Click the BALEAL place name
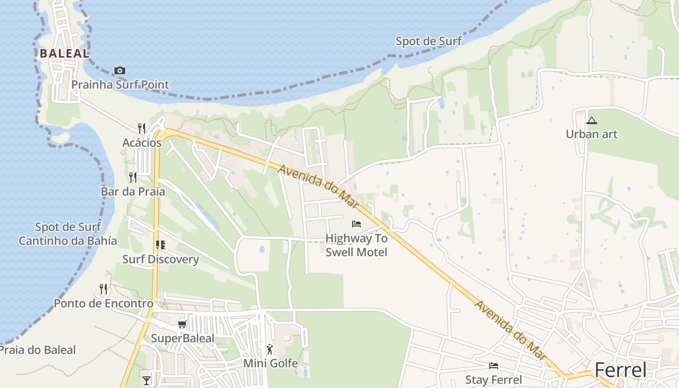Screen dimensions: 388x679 [65, 53]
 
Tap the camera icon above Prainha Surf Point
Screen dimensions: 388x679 [120, 71]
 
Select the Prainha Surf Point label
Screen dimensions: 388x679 [120, 85]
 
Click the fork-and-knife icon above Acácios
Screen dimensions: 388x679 [142, 129]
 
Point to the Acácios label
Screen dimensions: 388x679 [142, 143]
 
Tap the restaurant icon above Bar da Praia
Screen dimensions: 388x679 [133, 178]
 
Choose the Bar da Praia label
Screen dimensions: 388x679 [133, 192]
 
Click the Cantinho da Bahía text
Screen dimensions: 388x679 [68, 241]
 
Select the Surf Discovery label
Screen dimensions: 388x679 [161, 259]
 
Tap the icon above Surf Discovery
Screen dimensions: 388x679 [161, 245]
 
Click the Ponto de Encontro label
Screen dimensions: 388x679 [103, 304]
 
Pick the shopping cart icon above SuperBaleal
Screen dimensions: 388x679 [182, 324]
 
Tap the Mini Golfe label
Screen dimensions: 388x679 [270, 363]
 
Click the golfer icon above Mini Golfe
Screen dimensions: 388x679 [270, 349]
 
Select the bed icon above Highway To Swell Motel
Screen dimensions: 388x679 [356, 224]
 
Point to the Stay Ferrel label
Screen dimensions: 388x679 [493, 379]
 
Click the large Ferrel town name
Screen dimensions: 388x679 [620, 370]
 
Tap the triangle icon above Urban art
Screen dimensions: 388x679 [591, 120]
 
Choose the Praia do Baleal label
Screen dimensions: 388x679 [38, 350]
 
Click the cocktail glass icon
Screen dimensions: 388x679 [146, 380]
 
